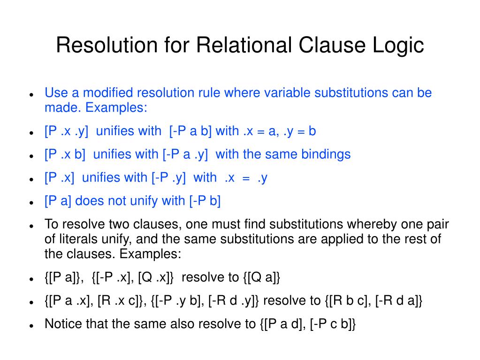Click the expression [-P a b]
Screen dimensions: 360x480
pos(191,131)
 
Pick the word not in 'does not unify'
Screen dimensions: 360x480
pos(117,201)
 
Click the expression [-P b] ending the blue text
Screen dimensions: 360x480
pos(205,201)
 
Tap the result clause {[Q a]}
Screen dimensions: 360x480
pos(262,277)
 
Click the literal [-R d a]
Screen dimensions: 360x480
pos(399,301)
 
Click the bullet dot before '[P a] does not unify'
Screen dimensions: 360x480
pos(30,202)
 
